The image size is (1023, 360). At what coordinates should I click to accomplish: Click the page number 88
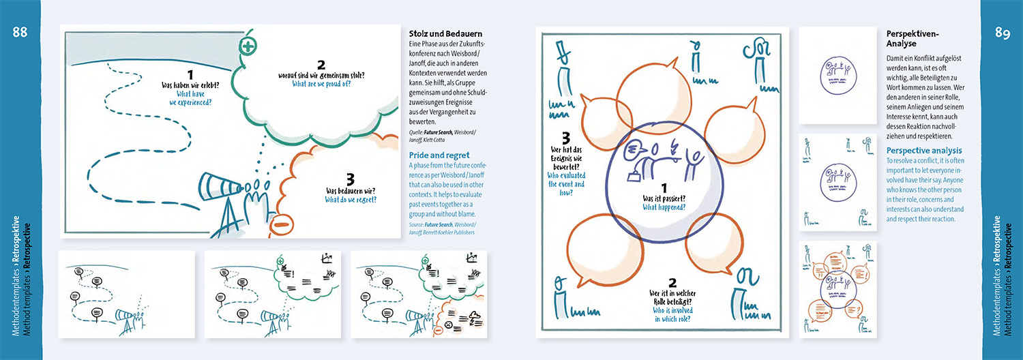(x=20, y=33)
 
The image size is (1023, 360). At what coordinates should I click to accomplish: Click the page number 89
(x=1002, y=33)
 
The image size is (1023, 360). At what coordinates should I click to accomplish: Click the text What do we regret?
(x=351, y=200)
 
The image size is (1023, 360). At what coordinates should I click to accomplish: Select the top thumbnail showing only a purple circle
(x=838, y=75)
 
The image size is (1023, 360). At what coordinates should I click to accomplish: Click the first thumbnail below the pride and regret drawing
(x=127, y=295)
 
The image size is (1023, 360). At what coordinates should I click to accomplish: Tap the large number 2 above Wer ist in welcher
(x=672, y=282)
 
